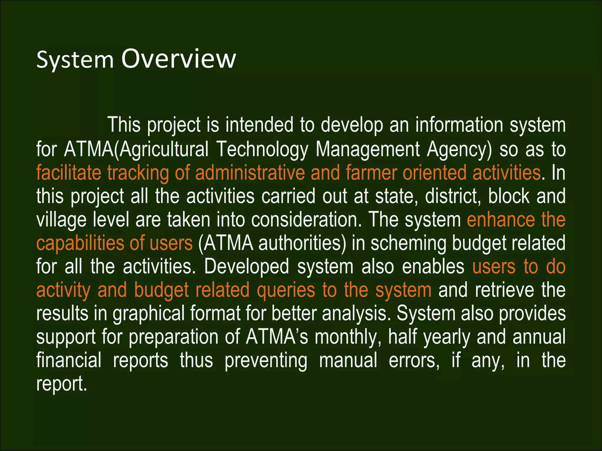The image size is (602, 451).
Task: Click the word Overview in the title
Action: point(179,59)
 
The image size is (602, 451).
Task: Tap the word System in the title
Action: point(75,60)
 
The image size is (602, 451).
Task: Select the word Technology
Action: point(262,149)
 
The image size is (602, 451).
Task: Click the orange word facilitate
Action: point(68,173)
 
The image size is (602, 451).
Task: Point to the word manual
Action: point(348,361)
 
